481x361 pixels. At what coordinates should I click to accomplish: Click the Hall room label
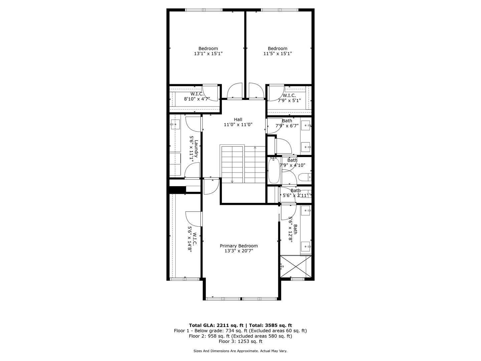238,120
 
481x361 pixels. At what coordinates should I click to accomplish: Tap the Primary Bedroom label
238,246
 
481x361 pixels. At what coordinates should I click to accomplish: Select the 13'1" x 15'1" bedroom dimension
208,53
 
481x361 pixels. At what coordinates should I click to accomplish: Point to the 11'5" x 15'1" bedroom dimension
277,53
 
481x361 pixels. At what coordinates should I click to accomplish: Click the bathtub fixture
274,171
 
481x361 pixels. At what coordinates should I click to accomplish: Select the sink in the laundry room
175,125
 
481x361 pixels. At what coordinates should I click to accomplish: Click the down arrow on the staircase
232,181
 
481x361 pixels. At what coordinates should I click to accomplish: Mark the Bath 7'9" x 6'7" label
287,123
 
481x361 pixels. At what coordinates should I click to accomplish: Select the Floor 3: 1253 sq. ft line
240,341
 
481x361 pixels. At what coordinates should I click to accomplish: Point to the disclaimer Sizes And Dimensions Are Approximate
240,351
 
